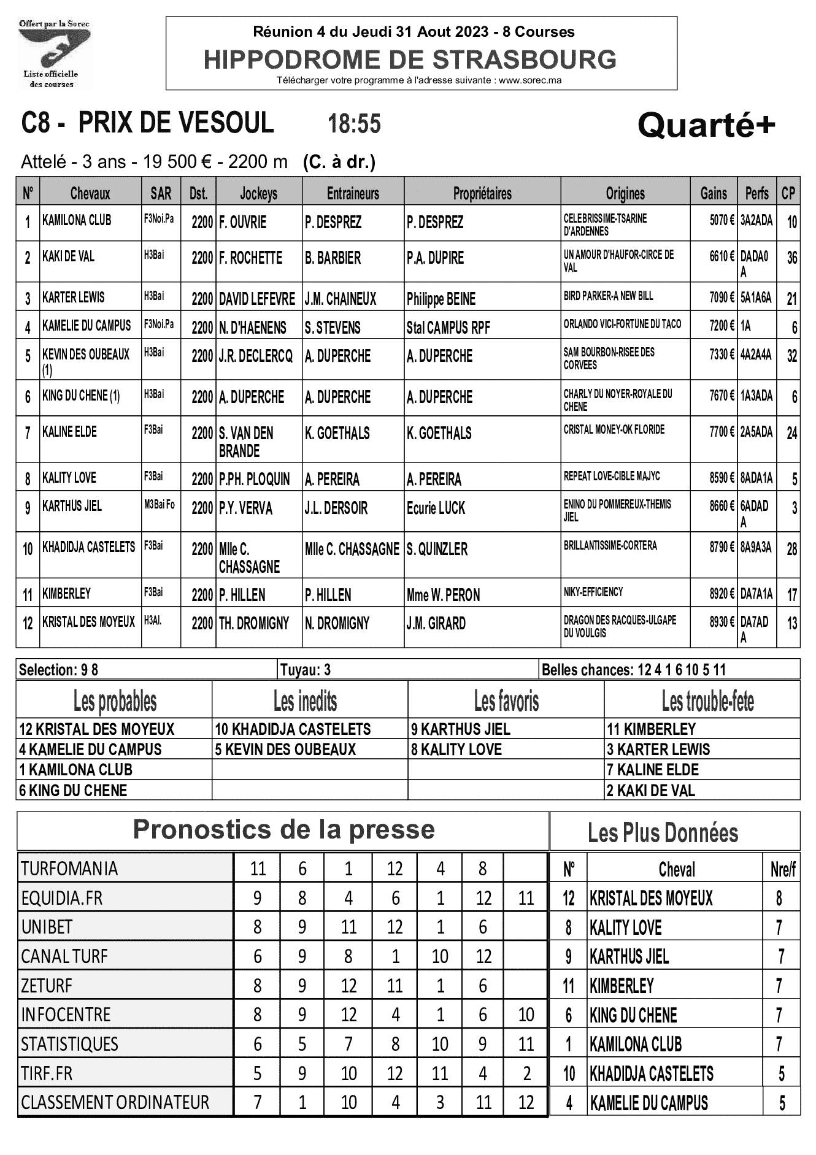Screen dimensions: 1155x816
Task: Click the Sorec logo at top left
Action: tap(54, 54)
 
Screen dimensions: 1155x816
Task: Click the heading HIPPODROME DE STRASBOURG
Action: tap(410, 60)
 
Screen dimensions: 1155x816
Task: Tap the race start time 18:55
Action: tap(354, 124)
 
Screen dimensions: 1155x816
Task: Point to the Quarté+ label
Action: tap(706, 126)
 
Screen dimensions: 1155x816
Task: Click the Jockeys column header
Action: tap(258, 194)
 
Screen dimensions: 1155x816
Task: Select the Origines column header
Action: tap(625, 194)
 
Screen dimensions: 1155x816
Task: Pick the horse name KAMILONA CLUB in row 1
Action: tap(77, 220)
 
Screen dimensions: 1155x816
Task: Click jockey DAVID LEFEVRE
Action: tap(257, 299)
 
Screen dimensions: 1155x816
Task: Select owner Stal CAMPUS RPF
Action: tap(448, 328)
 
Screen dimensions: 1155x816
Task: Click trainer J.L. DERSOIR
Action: tap(336, 508)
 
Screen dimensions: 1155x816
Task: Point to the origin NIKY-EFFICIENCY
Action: tap(593, 592)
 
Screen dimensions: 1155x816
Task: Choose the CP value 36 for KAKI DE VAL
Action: tap(791, 258)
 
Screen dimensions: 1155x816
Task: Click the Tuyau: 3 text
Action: tap(305, 670)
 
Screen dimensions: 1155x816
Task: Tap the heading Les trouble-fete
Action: tap(707, 701)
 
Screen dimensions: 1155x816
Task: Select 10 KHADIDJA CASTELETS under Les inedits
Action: tap(293, 729)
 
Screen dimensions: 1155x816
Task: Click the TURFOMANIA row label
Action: tap(69, 869)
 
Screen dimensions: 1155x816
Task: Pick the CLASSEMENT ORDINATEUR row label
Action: tap(115, 1102)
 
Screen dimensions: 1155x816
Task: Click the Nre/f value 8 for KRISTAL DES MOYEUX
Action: tap(779, 899)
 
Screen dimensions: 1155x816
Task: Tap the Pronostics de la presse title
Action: tap(283, 830)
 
